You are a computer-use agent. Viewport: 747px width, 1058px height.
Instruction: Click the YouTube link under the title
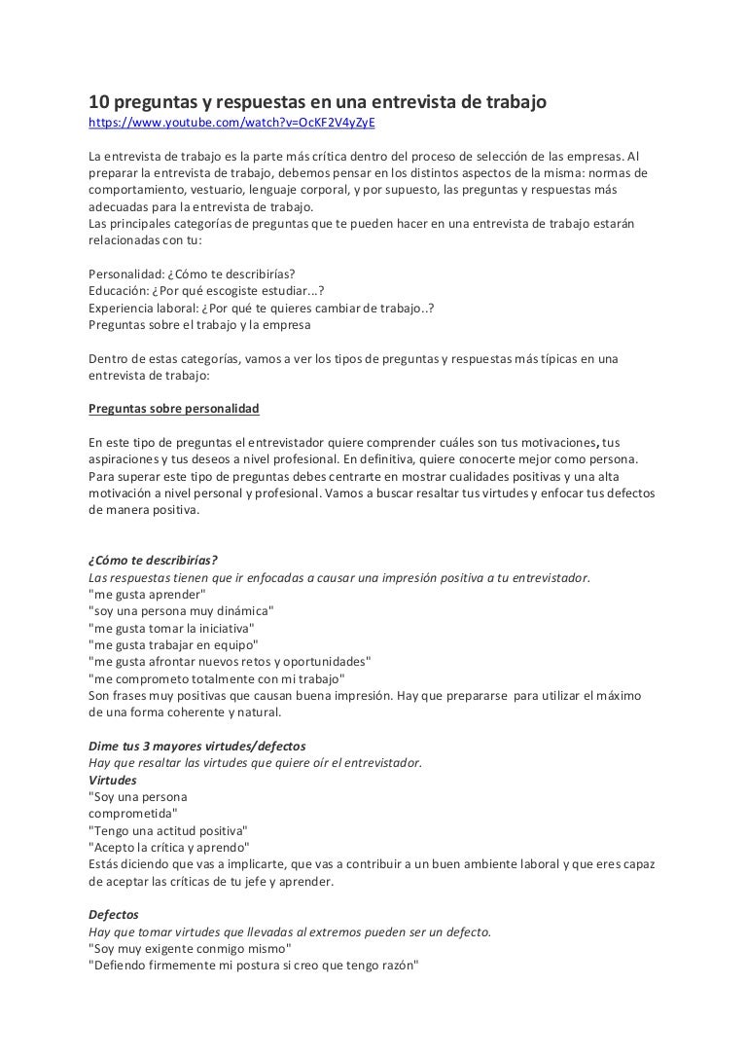(x=231, y=124)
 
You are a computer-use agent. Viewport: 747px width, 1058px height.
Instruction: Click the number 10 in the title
(x=97, y=102)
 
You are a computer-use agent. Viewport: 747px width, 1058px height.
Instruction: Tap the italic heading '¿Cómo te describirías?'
(x=153, y=560)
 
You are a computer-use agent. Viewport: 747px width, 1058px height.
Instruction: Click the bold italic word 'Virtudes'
(x=113, y=781)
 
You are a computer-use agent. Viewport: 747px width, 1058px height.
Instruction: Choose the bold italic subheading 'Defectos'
(x=114, y=915)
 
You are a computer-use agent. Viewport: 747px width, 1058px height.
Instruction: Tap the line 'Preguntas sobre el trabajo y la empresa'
(x=200, y=325)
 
